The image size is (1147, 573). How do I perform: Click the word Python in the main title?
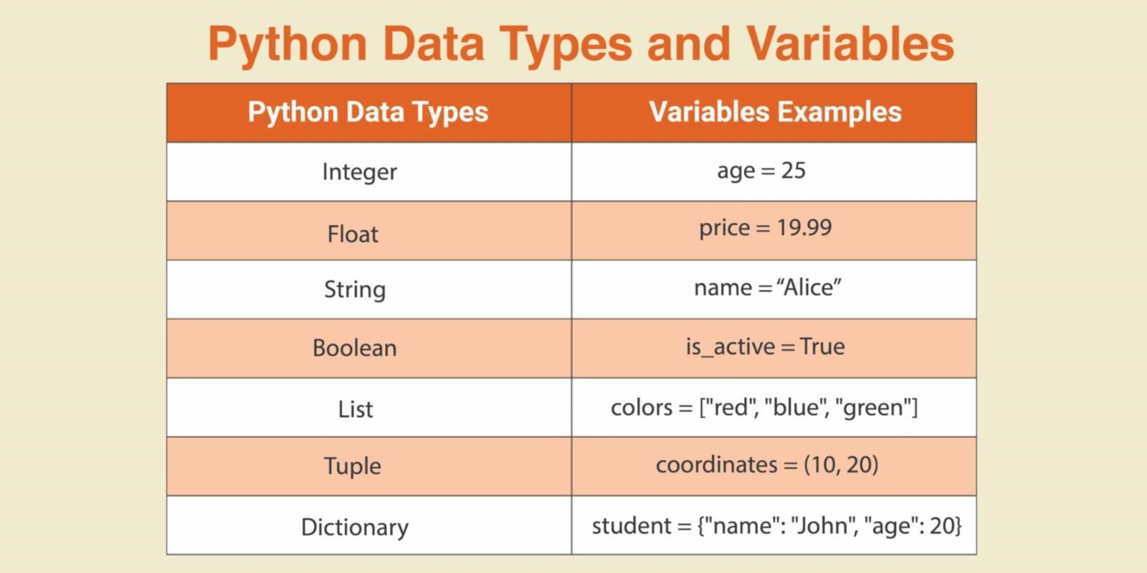pos(287,44)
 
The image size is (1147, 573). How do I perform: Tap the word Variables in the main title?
pos(850,44)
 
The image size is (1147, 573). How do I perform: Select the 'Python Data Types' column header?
pos(368,113)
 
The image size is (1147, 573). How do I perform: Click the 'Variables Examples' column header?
pos(775,113)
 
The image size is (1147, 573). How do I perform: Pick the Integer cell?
pos(359,172)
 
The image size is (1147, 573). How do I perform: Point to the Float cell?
pos(353,234)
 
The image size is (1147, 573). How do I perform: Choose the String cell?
pos(355,290)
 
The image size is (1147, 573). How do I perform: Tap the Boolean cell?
pos(355,349)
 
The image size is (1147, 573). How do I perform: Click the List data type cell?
pos(356,409)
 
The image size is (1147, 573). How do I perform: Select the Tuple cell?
pos(353,466)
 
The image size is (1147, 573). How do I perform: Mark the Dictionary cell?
pos(355,527)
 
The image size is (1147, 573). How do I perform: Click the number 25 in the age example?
pos(794,171)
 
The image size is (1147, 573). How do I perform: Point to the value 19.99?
pos(804,228)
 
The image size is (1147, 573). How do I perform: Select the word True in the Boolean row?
pos(822,347)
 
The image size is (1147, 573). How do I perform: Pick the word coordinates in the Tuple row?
pos(716,465)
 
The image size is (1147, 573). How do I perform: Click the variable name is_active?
pos(730,347)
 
